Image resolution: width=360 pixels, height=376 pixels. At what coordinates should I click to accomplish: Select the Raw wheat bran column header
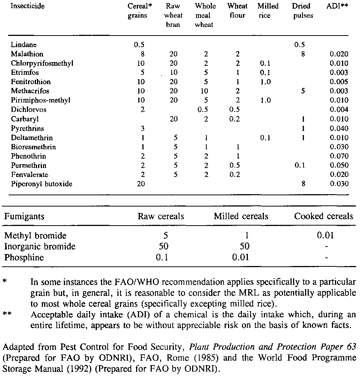coord(173,16)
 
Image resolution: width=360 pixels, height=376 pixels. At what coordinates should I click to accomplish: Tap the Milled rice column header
coord(268,11)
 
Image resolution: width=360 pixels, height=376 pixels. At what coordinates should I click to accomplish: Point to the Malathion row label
coord(27,54)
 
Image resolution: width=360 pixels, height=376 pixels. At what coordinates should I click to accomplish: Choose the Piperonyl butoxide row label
coord(41,184)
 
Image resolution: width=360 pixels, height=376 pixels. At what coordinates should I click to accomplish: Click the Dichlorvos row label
coord(29,110)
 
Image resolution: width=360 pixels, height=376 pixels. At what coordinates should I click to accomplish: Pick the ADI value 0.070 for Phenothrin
coord(339,156)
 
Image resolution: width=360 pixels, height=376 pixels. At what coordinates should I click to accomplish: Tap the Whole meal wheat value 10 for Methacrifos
coord(204,91)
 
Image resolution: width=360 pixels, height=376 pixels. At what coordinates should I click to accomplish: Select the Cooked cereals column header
coord(323,217)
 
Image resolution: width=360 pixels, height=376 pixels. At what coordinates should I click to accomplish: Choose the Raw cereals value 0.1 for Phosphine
coord(161,257)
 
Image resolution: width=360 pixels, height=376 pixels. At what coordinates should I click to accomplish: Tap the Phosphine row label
coord(24,258)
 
